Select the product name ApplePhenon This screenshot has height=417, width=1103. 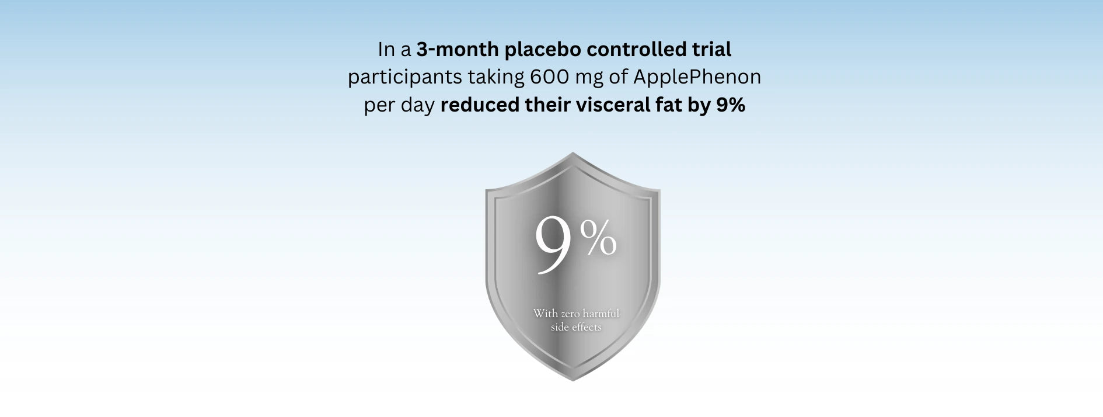coord(697,78)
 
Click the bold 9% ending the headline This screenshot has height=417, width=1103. coord(731,105)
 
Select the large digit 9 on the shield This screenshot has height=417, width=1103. coord(554,245)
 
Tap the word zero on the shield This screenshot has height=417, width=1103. coord(570,314)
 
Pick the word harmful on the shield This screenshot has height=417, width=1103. coord(601,314)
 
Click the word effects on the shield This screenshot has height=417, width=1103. coord(587,327)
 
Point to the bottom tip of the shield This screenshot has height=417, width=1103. coord(573,381)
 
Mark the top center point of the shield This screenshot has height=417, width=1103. coord(573,152)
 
